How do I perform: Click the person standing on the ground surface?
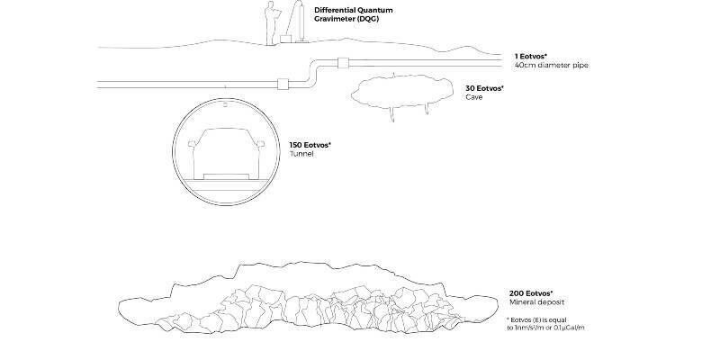[272, 23]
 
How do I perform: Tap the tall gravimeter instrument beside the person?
[299, 22]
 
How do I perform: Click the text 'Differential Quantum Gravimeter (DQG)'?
[353, 14]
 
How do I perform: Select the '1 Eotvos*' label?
[531, 56]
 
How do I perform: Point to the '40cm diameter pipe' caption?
[551, 65]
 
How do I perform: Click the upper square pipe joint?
[344, 63]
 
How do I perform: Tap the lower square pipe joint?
[283, 84]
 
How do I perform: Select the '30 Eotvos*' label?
[484, 88]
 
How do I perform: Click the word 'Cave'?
[474, 97]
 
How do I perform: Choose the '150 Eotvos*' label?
[310, 145]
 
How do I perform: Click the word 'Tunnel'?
[301, 154]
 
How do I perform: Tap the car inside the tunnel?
[227, 154]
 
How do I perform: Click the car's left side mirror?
[192, 144]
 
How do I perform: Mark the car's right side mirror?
[261, 144]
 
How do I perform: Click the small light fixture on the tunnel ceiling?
[225, 105]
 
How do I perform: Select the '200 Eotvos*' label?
[531, 293]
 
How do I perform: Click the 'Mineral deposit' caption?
[536, 302]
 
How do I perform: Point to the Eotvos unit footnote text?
[545, 324]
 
